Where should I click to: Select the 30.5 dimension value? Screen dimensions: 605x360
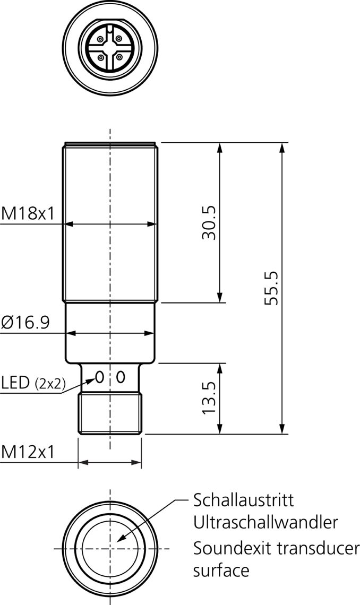pyautogui.click(x=209, y=223)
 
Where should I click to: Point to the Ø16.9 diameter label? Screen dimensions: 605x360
pyautogui.click(x=26, y=322)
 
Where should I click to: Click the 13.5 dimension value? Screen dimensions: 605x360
pyautogui.click(x=209, y=398)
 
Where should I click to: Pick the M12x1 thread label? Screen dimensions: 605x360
pyautogui.click(x=28, y=452)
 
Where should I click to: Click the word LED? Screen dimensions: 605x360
pyautogui.click(x=15, y=383)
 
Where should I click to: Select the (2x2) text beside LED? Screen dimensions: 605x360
pyautogui.click(x=49, y=384)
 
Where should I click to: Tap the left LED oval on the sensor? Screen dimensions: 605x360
pyautogui.click(x=99, y=377)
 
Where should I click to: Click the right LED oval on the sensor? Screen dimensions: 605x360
pyautogui.click(x=121, y=377)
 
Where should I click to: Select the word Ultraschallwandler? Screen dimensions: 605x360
pyautogui.click(x=265, y=523)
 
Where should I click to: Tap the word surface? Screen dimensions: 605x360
pyautogui.click(x=221, y=571)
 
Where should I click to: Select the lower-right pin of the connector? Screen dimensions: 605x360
pyautogui.click(x=119, y=56)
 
